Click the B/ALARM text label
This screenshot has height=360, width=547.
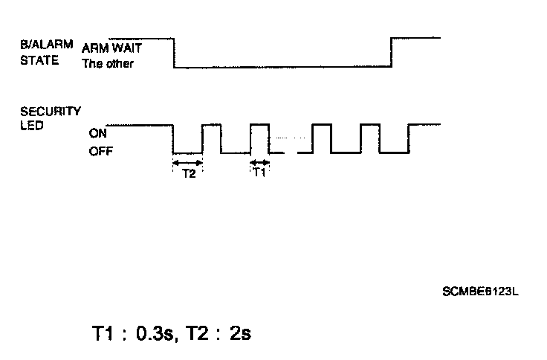(45, 45)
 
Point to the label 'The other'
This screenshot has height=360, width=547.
(108, 64)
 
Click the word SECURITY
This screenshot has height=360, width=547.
(51, 111)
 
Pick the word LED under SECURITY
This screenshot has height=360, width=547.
(32, 124)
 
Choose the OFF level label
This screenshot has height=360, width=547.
(99, 152)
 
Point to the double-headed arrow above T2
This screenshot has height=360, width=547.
(187, 161)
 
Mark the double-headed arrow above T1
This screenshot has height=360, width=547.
(259, 161)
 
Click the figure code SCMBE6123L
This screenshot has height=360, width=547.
(479, 291)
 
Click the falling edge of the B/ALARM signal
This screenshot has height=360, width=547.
(173, 53)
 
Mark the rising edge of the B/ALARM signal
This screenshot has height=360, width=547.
(392, 53)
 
